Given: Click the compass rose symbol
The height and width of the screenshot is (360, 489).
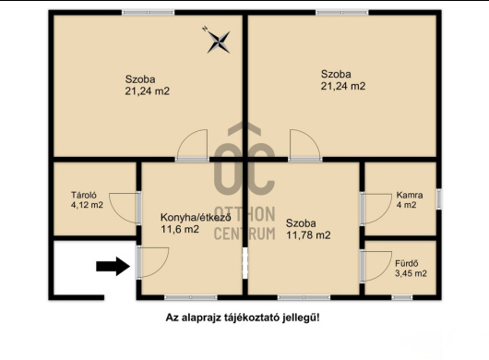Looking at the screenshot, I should (x=219, y=39).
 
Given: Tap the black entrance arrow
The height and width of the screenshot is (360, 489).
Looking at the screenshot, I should (x=113, y=267).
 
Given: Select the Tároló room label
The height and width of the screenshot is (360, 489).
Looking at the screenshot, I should (x=86, y=194).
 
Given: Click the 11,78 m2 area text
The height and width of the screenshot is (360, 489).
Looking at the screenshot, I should (x=308, y=235).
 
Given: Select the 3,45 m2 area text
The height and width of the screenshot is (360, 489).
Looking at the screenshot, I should (x=411, y=273).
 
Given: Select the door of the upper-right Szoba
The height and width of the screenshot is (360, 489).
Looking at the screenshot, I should (x=303, y=148).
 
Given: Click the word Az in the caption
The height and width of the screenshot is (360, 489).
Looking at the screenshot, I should (x=172, y=317).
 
